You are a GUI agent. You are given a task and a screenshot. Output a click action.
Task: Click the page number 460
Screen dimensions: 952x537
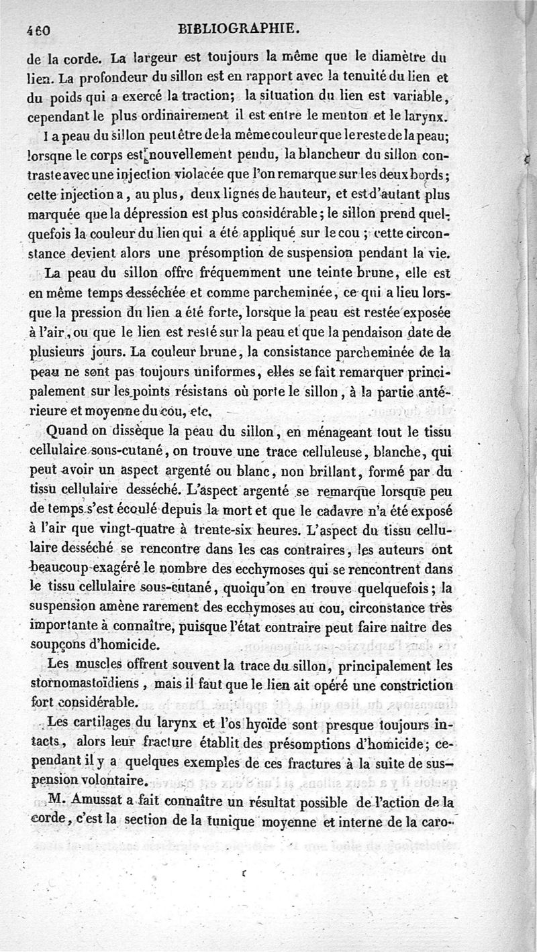[41, 30]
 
